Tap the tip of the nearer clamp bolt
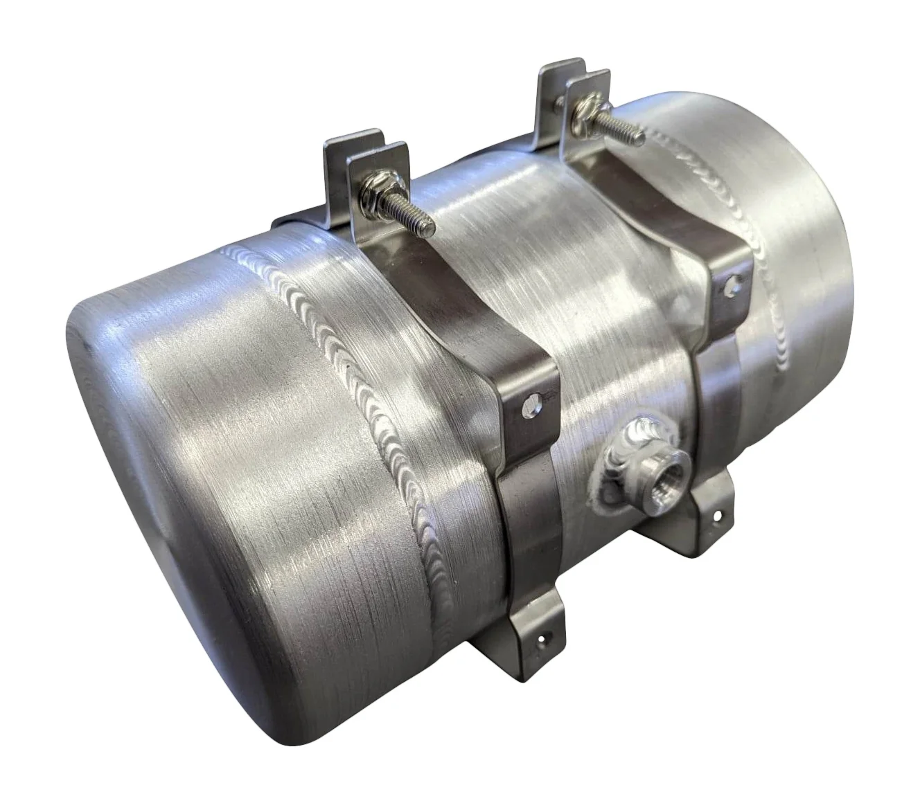click(x=430, y=226)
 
